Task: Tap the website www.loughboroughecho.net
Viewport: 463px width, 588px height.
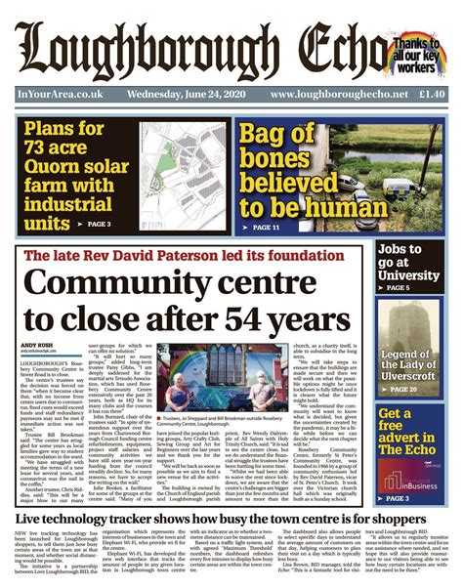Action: point(336,94)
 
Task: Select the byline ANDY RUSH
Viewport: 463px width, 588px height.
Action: point(33,344)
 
